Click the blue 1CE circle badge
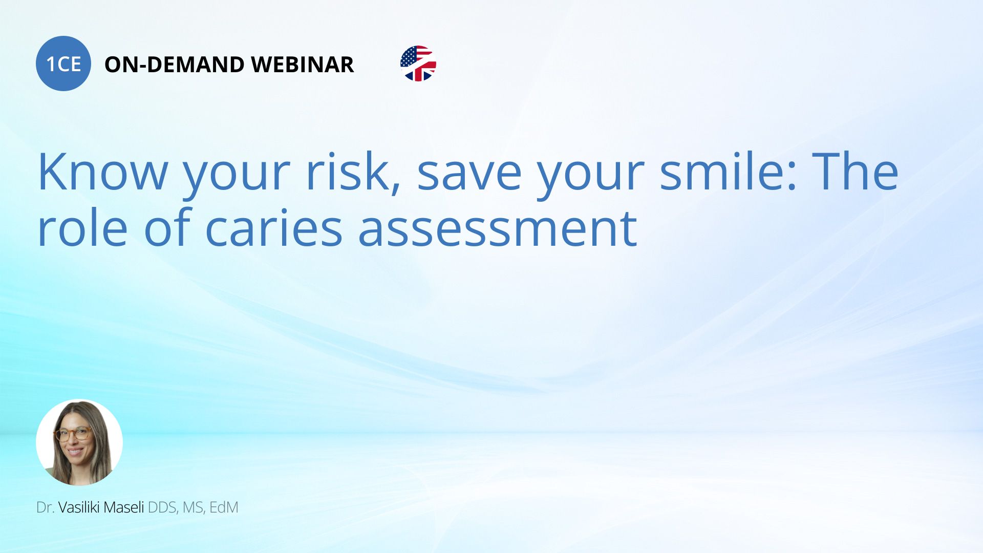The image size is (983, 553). click(63, 63)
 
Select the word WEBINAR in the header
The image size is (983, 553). click(303, 65)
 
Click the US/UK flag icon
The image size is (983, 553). click(418, 63)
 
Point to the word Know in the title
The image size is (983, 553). click(103, 172)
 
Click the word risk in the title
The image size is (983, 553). click(353, 172)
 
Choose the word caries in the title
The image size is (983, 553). click(273, 228)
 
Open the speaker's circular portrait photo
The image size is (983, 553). click(79, 442)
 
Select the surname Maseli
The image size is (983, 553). click(127, 507)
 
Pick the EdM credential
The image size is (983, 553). click(224, 507)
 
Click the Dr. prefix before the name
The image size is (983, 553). click(45, 507)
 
